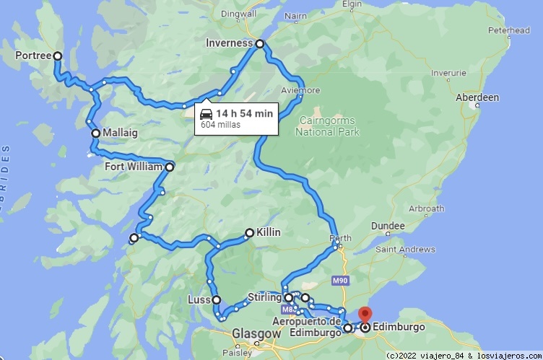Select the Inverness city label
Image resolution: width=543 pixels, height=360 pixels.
point(228,43)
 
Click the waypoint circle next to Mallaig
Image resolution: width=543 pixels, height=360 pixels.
point(95,133)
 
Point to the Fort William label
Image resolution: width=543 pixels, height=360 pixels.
point(134,167)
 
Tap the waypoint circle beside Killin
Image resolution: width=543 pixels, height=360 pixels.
point(249,233)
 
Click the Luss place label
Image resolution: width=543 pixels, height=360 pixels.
point(199,299)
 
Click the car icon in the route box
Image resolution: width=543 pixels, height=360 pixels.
point(206,113)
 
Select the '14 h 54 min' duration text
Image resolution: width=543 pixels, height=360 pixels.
point(244,113)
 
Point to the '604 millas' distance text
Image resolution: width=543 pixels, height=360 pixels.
point(220,125)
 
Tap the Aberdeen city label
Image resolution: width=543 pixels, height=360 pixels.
point(477,97)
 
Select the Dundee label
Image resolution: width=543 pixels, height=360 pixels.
point(388,226)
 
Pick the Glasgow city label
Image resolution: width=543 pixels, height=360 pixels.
point(256,334)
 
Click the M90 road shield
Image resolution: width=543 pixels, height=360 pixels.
point(340,278)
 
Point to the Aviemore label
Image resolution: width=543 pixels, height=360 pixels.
point(300,91)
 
